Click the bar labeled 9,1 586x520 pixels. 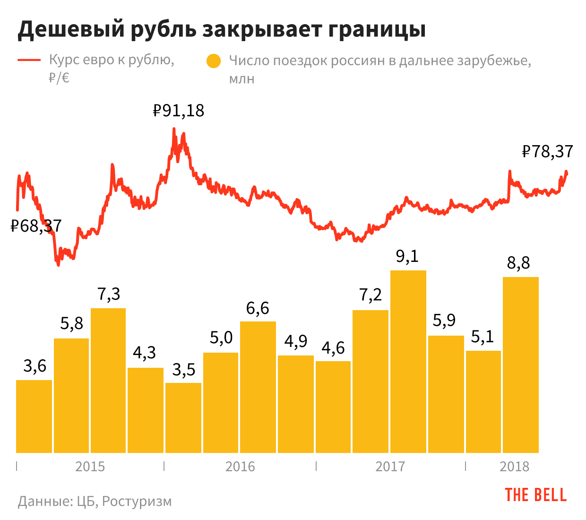(408, 362)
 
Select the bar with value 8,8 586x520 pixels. (521, 365)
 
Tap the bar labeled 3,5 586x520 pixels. (183, 418)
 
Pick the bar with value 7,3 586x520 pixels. (108, 381)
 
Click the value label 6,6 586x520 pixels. (258, 308)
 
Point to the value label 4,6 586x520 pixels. (333, 348)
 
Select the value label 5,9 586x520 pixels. (444, 321)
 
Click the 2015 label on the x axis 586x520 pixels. (90, 467)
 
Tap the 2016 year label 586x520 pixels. (240, 467)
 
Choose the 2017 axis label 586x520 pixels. (390, 467)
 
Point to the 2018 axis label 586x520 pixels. (514, 467)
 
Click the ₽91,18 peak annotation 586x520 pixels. (179, 111)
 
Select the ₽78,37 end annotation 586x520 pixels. (547, 152)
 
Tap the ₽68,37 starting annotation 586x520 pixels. (36, 226)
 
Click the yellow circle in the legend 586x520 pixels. (214, 61)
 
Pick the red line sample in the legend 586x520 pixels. (29, 60)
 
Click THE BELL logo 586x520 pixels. (535, 495)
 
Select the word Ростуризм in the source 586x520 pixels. (137, 501)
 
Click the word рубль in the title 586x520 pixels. (163, 29)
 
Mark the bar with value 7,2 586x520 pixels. (371, 381)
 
